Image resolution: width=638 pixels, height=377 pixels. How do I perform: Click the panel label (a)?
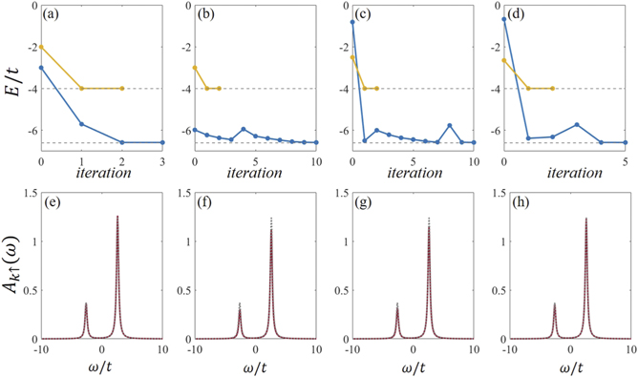click(53, 15)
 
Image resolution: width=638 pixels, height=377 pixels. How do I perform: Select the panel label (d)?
click(517, 15)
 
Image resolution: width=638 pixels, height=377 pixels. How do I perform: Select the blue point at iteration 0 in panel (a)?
click(40, 68)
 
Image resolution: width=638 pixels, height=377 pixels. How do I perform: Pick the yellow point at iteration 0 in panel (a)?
click(40, 47)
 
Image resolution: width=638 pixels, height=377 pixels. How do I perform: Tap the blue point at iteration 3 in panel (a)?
click(162, 142)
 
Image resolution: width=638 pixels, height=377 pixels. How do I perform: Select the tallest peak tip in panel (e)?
click(117, 217)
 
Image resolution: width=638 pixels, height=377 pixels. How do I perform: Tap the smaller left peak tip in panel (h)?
click(555, 304)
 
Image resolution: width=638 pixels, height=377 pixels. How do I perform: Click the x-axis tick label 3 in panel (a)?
click(162, 162)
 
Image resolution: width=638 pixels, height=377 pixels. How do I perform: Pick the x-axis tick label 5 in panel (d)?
click(626, 162)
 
